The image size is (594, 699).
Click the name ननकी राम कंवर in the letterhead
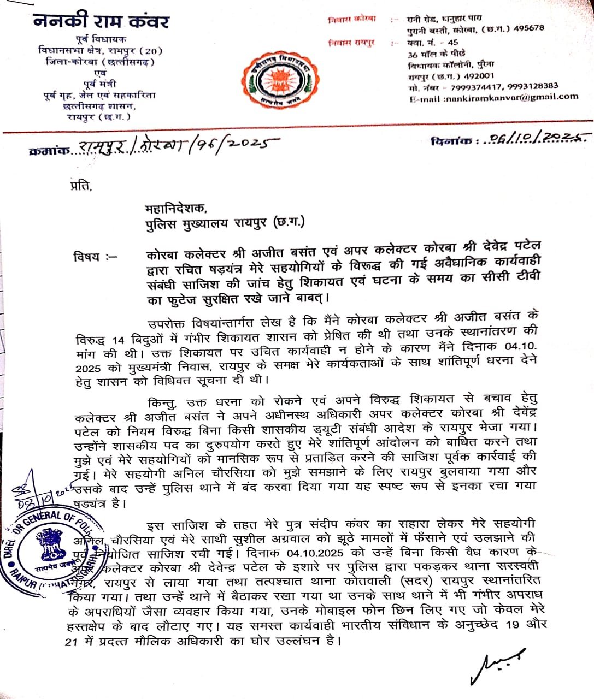coord(101,22)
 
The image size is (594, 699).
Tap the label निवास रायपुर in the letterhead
coord(353,43)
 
